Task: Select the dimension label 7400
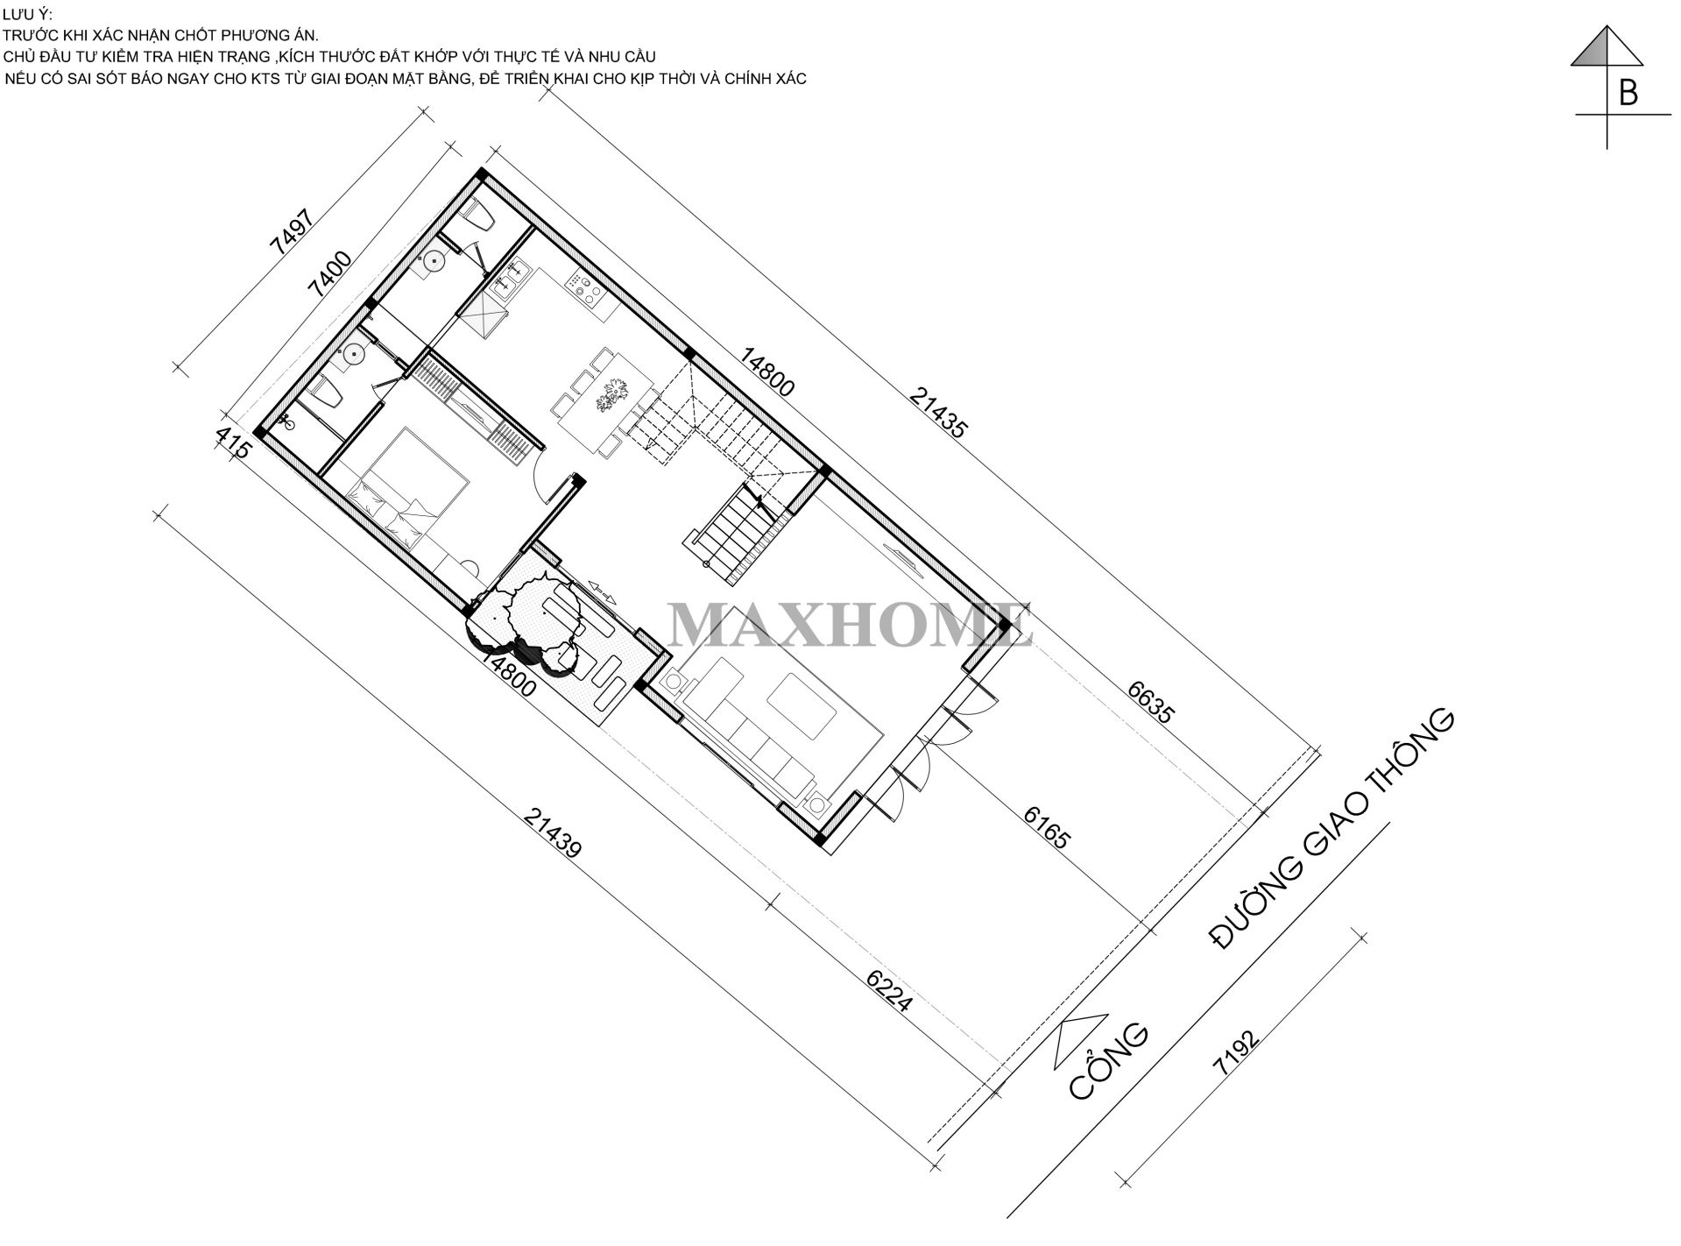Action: pos(332,275)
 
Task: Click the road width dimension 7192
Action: pos(1236,1051)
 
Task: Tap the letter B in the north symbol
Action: pos(1628,92)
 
